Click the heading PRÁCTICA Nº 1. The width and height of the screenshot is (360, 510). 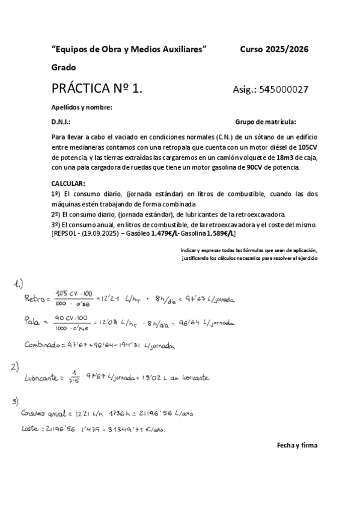click(x=97, y=90)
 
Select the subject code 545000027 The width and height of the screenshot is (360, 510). click(x=284, y=90)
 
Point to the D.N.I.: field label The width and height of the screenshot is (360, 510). click(x=61, y=121)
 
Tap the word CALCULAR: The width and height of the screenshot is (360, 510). click(x=68, y=183)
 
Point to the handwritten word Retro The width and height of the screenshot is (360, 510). click(x=37, y=298)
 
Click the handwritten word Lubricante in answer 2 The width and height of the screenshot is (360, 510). click(x=43, y=378)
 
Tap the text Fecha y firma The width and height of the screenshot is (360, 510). click(x=297, y=446)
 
